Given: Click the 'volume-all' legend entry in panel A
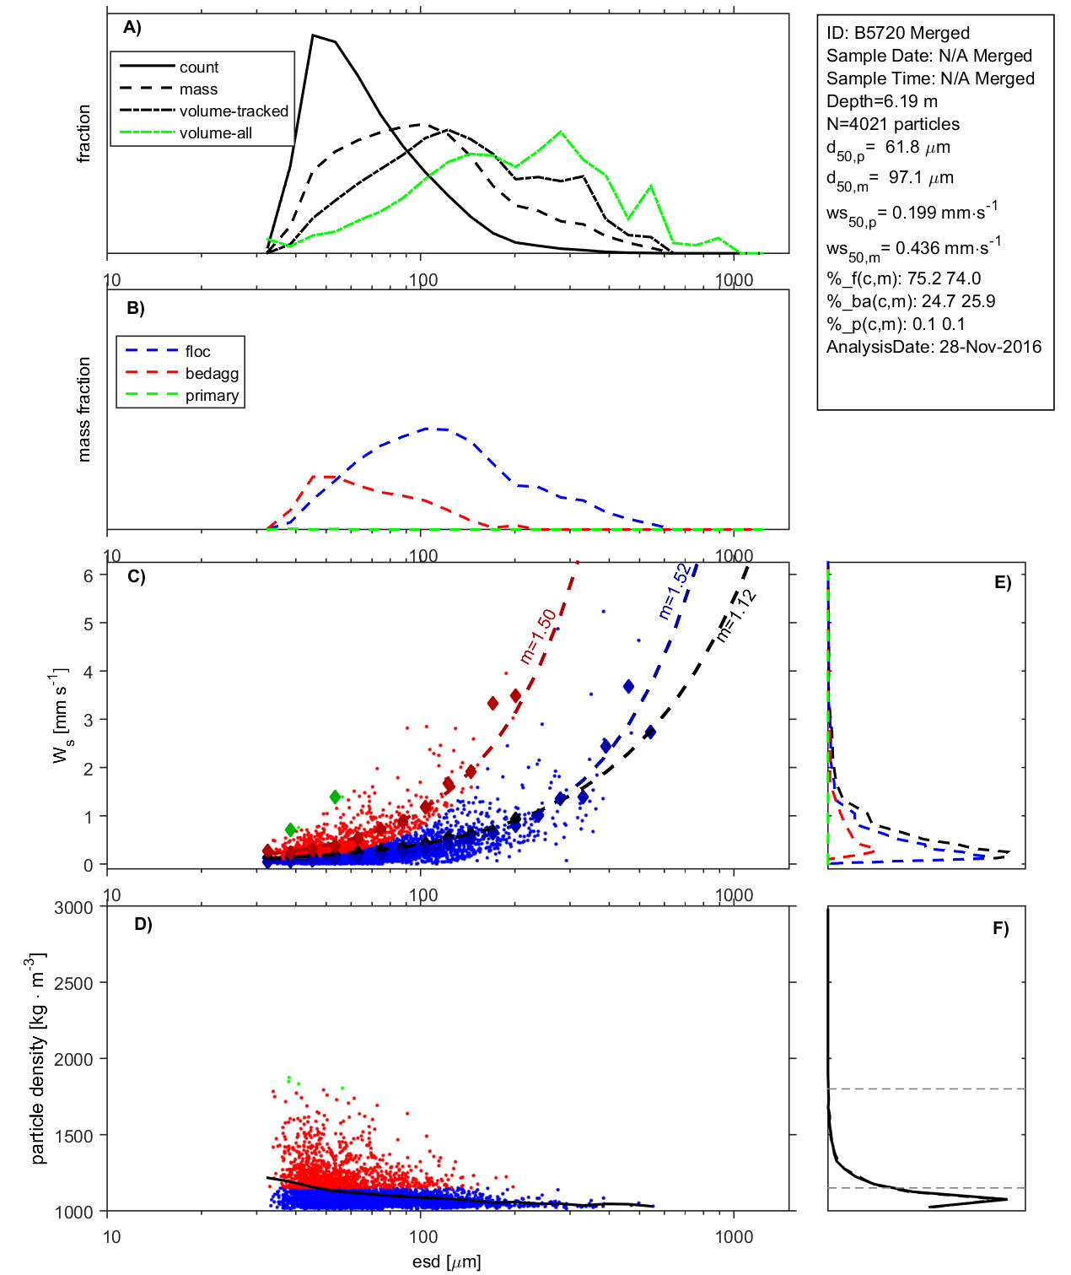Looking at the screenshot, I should [x=215, y=133].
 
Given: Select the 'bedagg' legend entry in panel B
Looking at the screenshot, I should [x=212, y=374].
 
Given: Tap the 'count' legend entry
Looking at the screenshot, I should [x=198, y=68].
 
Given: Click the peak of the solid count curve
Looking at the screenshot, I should [x=313, y=35].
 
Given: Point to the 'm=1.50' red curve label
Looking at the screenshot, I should [x=537, y=636].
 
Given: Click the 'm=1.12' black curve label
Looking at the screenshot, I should [x=735, y=617].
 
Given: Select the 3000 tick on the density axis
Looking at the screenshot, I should [x=73, y=908].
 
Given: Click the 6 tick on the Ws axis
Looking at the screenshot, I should [x=88, y=575].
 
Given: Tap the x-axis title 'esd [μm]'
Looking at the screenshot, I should [x=446, y=1261].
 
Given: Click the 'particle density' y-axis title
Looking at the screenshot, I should [x=37, y=1059].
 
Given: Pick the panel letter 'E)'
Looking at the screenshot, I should [x=1002, y=582].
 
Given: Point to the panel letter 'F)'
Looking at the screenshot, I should [x=1000, y=928].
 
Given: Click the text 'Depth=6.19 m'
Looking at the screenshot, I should [x=881, y=101].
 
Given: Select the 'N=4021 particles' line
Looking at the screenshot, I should [x=892, y=124].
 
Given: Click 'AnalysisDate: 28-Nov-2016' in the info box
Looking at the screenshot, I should [x=934, y=347].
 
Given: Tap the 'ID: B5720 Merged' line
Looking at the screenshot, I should [x=897, y=33].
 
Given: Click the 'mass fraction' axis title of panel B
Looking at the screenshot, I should [x=83, y=409].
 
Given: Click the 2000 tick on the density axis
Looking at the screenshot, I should [x=73, y=1060].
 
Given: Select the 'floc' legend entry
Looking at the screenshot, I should [x=197, y=352].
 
